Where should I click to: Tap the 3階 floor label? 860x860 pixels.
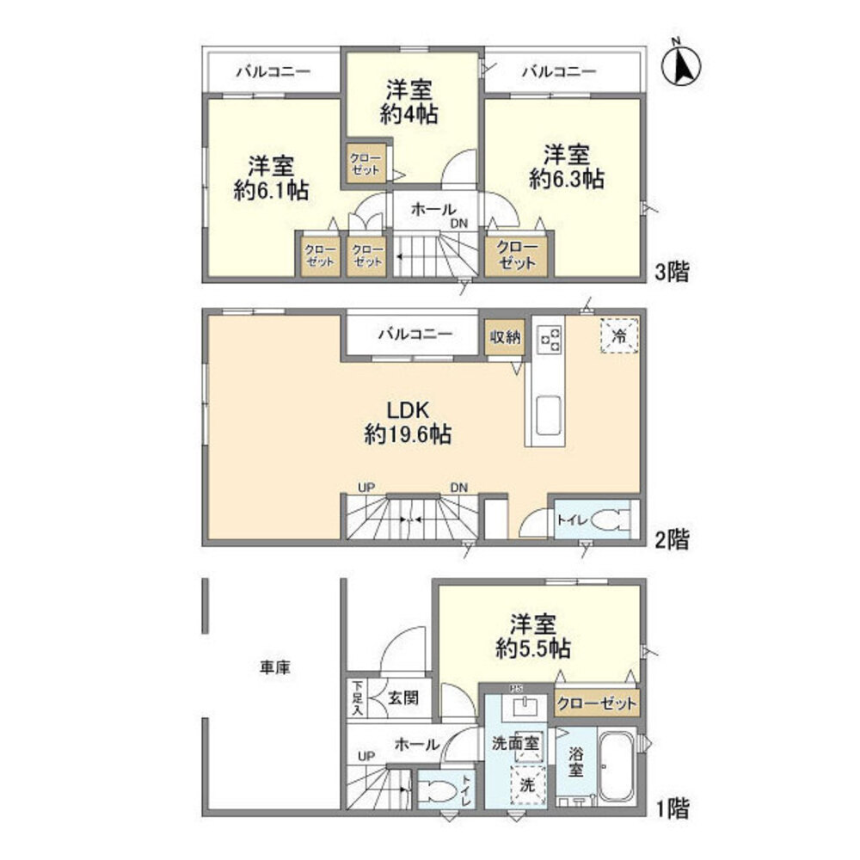point(672,273)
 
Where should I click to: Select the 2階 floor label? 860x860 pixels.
point(672,539)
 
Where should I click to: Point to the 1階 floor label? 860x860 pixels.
point(672,808)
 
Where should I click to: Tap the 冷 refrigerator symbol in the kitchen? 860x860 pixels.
point(619,336)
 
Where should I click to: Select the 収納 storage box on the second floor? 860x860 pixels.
point(504,337)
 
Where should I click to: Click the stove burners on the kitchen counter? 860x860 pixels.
point(550,339)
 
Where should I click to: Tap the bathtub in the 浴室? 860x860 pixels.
point(614,767)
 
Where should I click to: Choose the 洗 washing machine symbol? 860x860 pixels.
point(527,784)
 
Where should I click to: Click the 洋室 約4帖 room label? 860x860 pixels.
point(408,101)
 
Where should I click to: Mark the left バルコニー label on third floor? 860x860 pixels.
point(273,71)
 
